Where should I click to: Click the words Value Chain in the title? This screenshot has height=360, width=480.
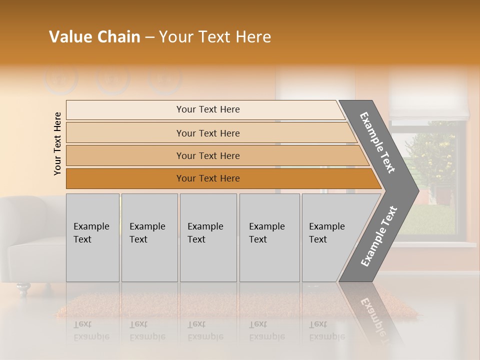point(94,37)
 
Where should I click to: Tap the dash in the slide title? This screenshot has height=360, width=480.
point(149,37)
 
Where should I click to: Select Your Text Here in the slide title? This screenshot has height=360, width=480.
point(215,37)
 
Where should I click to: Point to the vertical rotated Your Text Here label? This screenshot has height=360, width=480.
point(57,143)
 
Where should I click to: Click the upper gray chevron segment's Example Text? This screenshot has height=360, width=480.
point(377,142)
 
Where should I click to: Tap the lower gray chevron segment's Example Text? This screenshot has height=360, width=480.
point(379,236)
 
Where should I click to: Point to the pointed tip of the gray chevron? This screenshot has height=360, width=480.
point(416,190)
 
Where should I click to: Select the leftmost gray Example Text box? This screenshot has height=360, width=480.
point(92,237)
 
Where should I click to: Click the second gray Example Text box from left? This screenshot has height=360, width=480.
point(149,237)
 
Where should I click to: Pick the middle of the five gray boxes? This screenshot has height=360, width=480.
point(208,237)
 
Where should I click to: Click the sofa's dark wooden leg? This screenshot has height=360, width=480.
point(22,288)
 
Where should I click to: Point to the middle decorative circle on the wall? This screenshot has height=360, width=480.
point(113,78)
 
